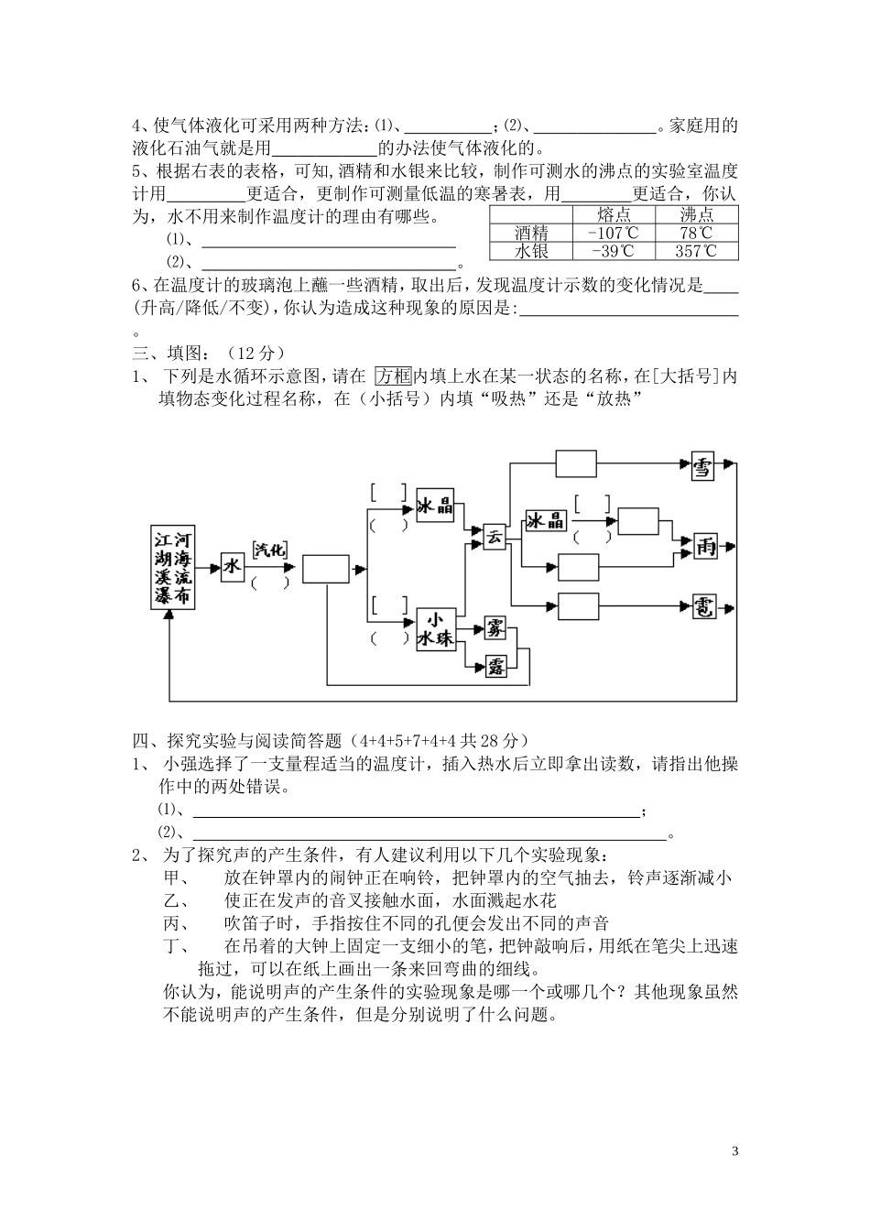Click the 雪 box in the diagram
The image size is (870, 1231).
[x=702, y=467]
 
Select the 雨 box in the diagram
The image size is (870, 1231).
[x=705, y=546]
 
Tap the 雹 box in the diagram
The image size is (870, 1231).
[x=702, y=606]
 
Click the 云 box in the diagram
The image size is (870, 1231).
[x=495, y=536]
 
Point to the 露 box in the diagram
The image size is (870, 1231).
[x=497, y=666]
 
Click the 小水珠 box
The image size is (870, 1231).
[x=436, y=630]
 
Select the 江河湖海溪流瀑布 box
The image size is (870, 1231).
[x=173, y=568]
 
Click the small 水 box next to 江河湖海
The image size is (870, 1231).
[x=233, y=567]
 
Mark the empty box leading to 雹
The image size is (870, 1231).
[x=578, y=606]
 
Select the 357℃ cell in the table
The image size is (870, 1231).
[x=695, y=251]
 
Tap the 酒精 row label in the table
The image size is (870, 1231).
[x=531, y=233]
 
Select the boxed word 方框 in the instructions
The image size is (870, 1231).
[x=395, y=376]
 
